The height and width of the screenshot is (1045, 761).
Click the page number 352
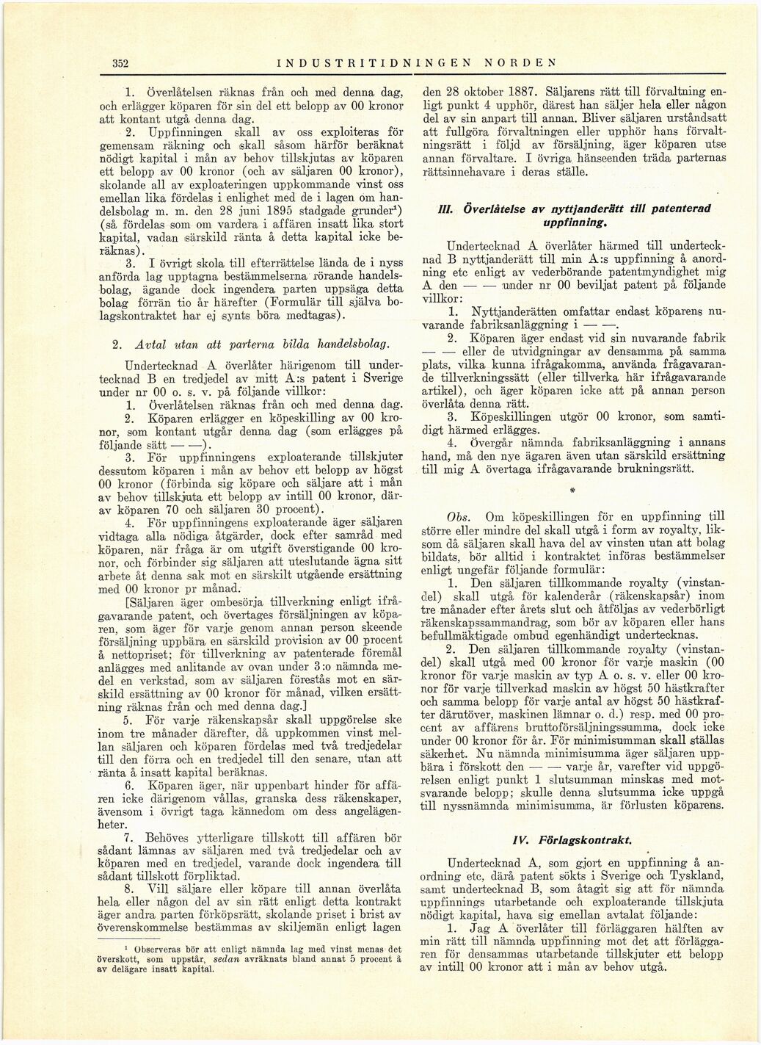[121, 63]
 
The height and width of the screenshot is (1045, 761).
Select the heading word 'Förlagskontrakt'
[601, 839]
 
